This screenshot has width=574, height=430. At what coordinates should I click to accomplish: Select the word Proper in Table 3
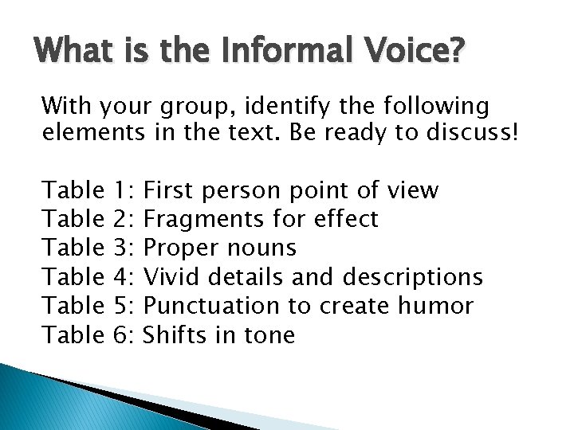182,248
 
